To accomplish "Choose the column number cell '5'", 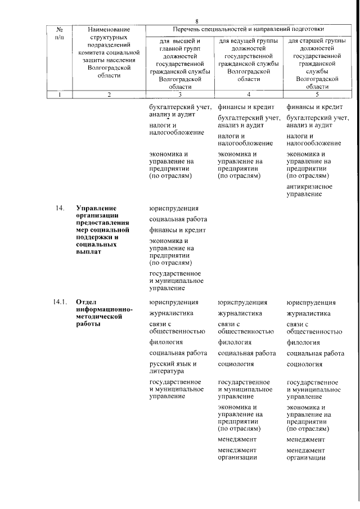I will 317,95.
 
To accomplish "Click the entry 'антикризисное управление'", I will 309,190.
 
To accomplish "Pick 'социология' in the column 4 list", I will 236,364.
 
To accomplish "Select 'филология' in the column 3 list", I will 166,342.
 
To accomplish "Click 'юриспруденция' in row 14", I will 174,209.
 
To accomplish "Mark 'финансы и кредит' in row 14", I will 177,231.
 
